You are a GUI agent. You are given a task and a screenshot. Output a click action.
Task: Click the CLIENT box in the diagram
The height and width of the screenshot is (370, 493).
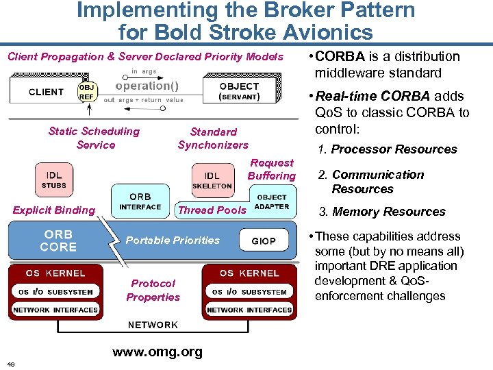(x=46, y=92)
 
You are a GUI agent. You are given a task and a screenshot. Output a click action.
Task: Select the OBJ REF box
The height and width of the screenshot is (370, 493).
(x=87, y=92)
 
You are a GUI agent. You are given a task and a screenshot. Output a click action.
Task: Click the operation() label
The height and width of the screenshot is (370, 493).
(x=147, y=86)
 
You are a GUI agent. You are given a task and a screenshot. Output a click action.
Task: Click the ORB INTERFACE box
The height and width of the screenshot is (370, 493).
(x=140, y=201)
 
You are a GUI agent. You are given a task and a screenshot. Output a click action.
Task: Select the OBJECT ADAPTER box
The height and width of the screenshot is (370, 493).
(x=272, y=202)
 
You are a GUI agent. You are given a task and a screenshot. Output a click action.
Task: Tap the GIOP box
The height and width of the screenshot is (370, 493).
(x=264, y=241)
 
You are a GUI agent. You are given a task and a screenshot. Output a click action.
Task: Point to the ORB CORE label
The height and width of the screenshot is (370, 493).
(x=58, y=241)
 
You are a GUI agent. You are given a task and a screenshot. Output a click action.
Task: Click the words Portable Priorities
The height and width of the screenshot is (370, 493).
(x=173, y=241)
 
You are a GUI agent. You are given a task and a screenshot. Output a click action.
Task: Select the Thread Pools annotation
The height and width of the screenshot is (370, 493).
(x=212, y=210)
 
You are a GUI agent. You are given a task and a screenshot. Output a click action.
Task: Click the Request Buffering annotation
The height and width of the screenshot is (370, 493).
(x=272, y=169)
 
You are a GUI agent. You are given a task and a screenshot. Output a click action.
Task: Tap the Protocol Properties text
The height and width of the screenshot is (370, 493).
(x=153, y=290)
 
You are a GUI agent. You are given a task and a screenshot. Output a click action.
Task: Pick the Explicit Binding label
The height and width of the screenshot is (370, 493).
(x=54, y=210)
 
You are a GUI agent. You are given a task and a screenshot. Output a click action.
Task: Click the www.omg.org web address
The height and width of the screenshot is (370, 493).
(x=157, y=352)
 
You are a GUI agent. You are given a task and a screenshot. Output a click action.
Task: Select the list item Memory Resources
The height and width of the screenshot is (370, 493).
(x=388, y=212)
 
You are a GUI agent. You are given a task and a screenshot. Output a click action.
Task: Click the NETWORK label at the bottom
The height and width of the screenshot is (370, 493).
(x=153, y=325)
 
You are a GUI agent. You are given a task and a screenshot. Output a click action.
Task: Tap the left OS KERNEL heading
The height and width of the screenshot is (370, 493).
(x=55, y=273)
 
